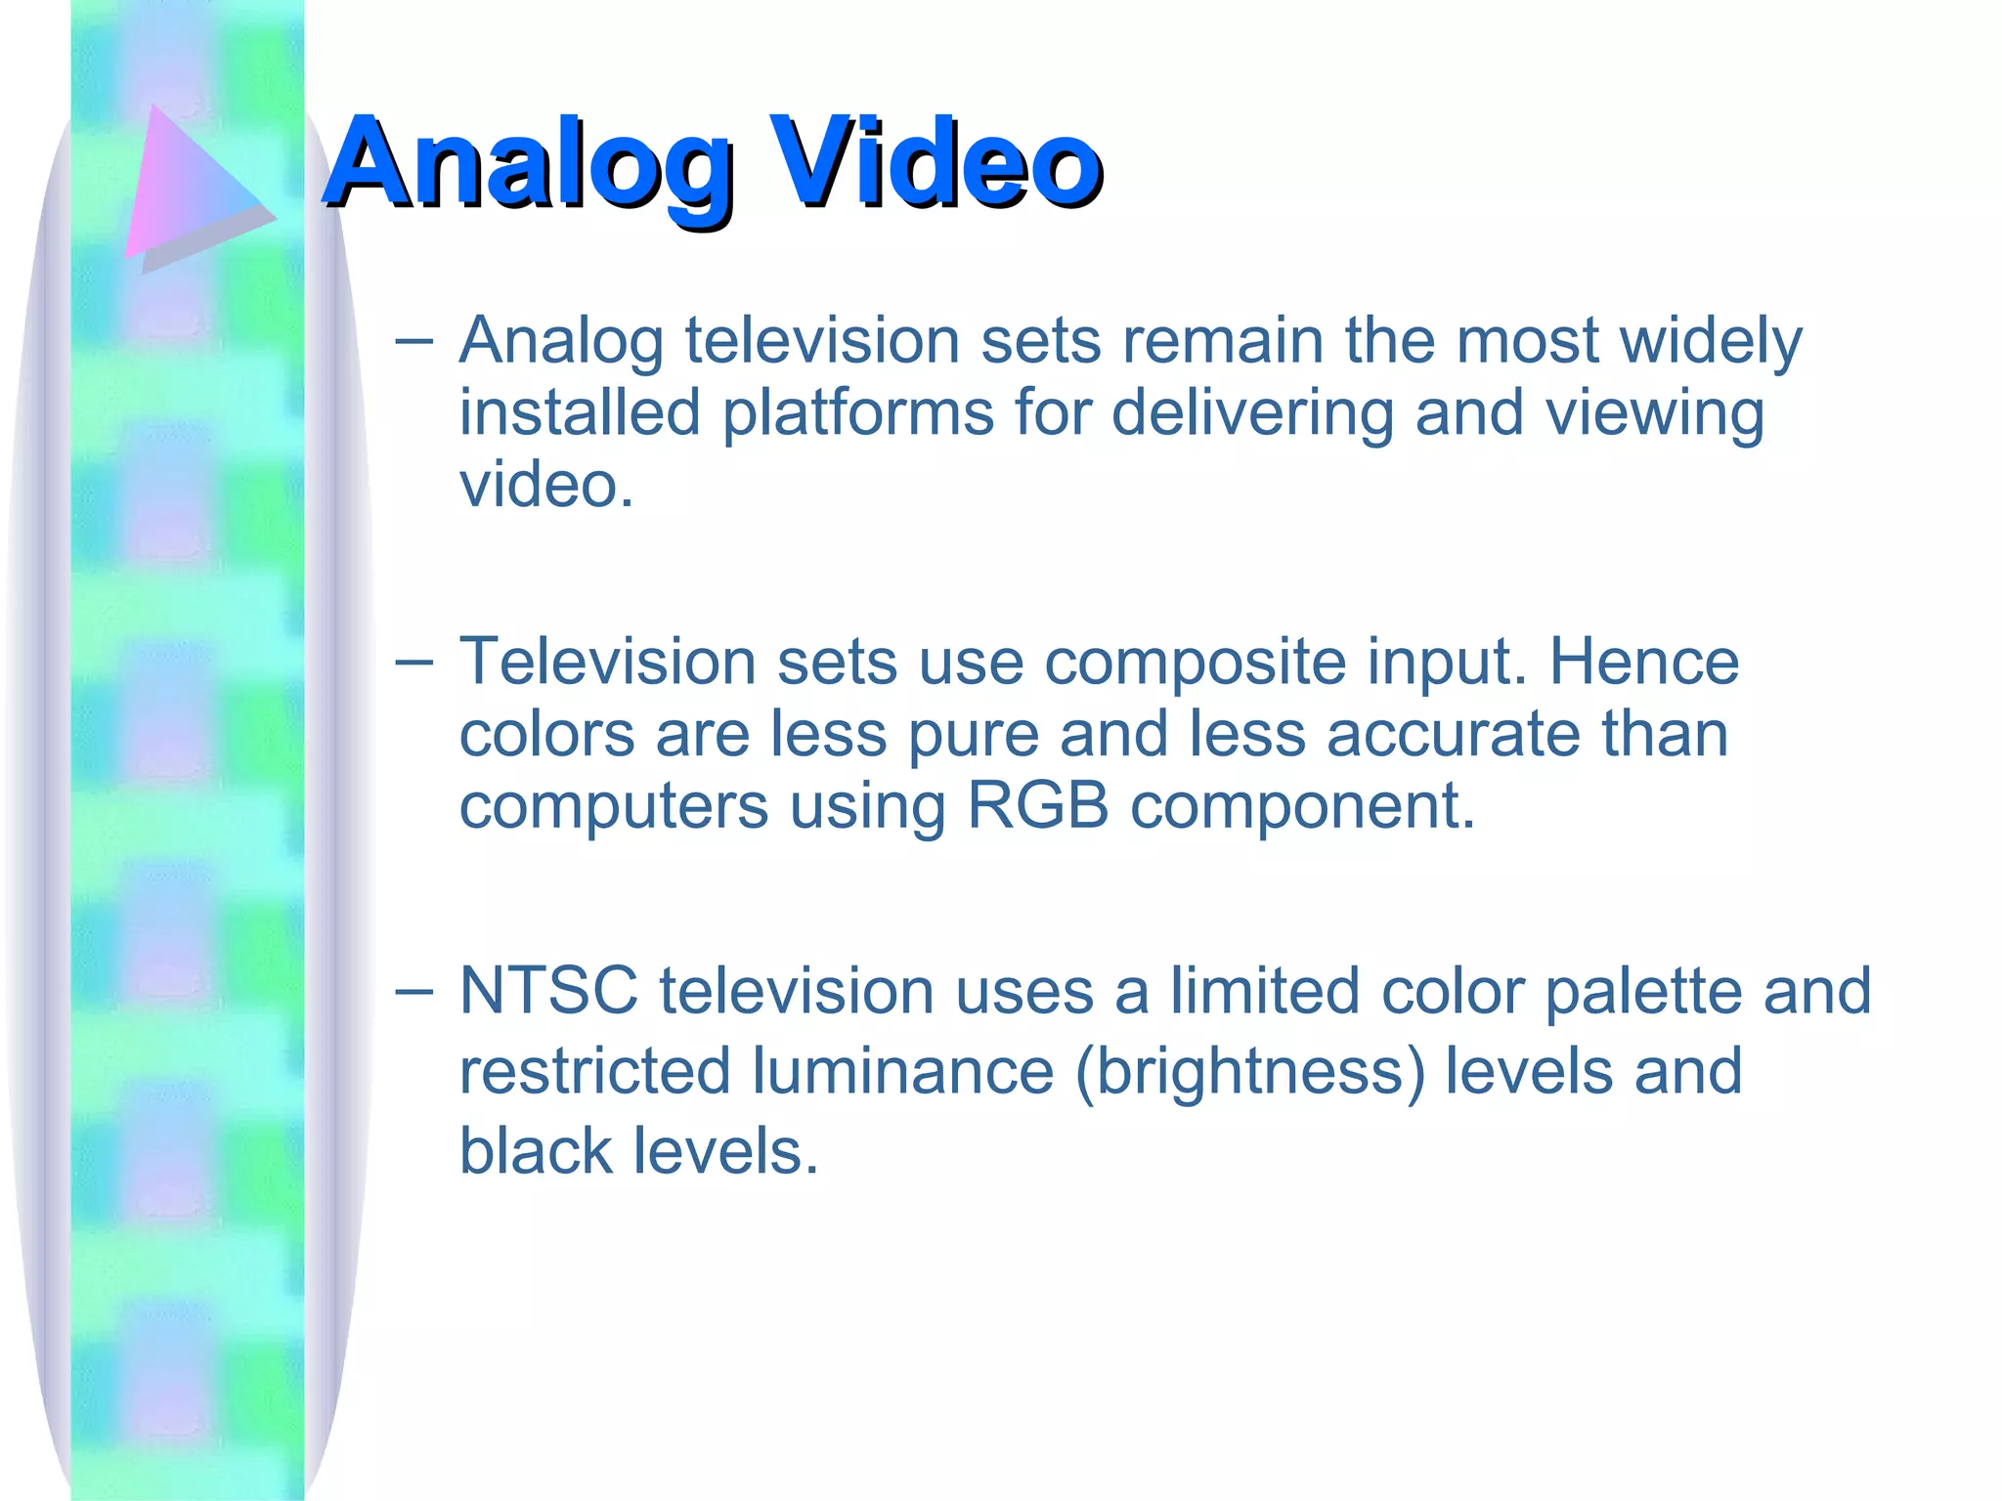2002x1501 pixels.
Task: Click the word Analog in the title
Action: pyautogui.click(x=528, y=164)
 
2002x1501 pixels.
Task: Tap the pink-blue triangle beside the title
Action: pyautogui.click(x=191, y=186)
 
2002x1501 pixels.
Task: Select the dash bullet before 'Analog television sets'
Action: pyautogui.click(x=413, y=341)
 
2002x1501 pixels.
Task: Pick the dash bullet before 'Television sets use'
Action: pyautogui.click(x=413, y=662)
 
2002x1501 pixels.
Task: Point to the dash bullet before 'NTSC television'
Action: pyautogui.click(x=413, y=991)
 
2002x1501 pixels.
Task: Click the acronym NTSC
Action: pyautogui.click(x=548, y=991)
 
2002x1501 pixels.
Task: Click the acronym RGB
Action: pyautogui.click(x=1037, y=806)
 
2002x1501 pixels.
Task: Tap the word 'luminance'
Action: pyautogui.click(x=903, y=1071)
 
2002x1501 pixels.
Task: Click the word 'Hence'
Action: pyautogui.click(x=1644, y=662)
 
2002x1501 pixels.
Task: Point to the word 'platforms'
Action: pyautogui.click(x=857, y=413)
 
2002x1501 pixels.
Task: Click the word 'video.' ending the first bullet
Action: pyautogui.click(x=546, y=486)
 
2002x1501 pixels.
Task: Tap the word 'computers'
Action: pyautogui.click(x=614, y=808)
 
